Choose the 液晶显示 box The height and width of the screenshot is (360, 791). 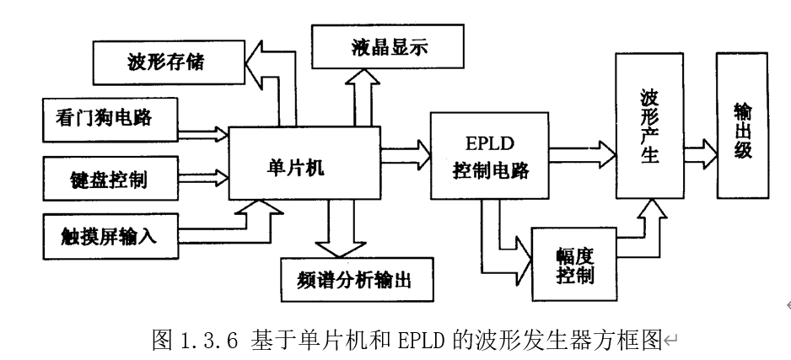pyautogui.click(x=387, y=48)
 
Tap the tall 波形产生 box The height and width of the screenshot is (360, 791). pyautogui.click(x=648, y=126)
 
